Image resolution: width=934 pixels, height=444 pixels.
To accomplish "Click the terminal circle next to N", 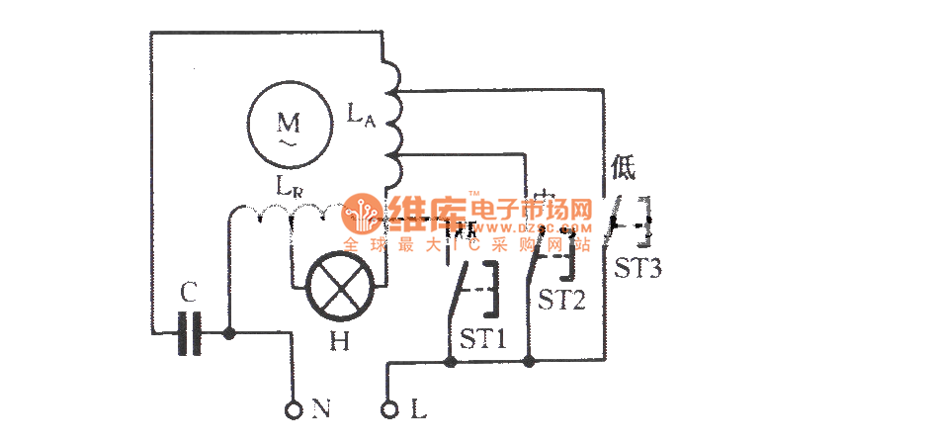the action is click(294, 407).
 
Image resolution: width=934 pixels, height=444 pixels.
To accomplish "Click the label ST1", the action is click(482, 339).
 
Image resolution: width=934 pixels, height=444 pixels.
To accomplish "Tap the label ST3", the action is click(637, 268).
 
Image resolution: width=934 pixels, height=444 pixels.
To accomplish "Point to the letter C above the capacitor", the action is click(190, 294).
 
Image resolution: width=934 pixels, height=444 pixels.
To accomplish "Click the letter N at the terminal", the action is click(320, 407).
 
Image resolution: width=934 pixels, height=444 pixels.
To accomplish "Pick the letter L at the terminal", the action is click(417, 407).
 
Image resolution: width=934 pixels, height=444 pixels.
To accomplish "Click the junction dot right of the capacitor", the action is click(229, 333).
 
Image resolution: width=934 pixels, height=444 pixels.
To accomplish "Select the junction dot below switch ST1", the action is click(451, 362).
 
